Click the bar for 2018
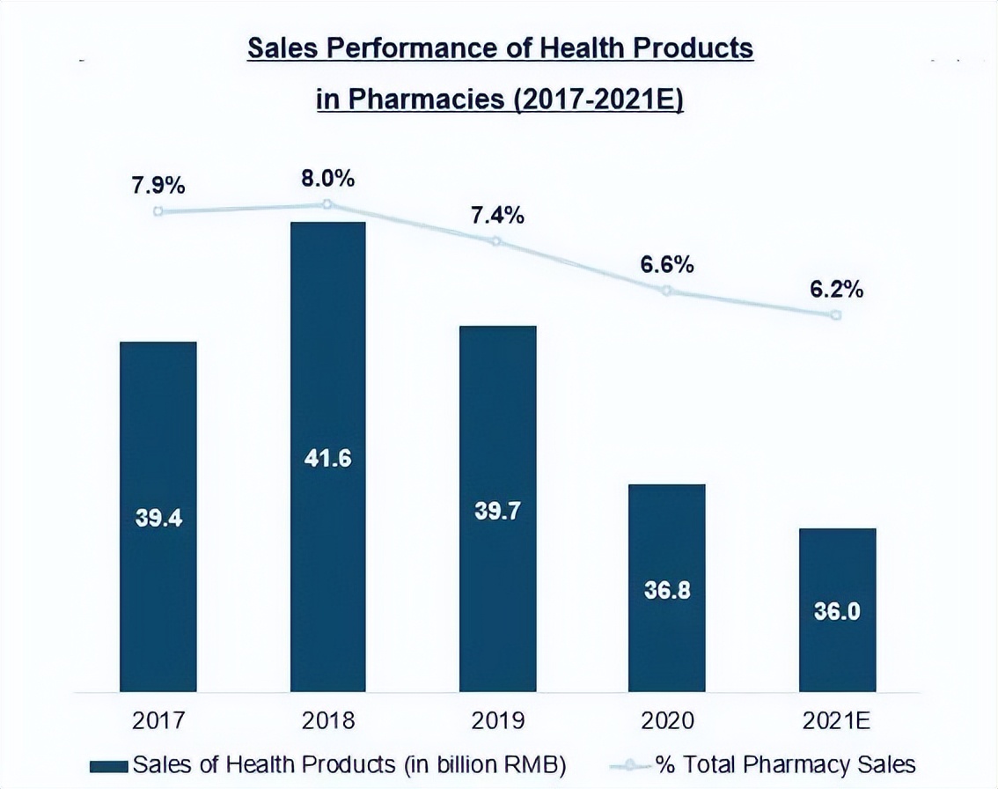[327, 352]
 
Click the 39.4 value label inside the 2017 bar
[158, 519]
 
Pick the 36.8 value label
[666, 590]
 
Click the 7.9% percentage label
[158, 186]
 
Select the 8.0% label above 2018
[327, 179]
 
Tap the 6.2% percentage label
[837, 289]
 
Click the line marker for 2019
[496, 241]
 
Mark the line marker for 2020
[666, 291]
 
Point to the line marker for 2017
[158, 211]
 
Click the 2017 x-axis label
[158, 721]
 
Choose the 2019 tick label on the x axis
[497, 721]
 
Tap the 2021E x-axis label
[837, 721]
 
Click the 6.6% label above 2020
[666, 264]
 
